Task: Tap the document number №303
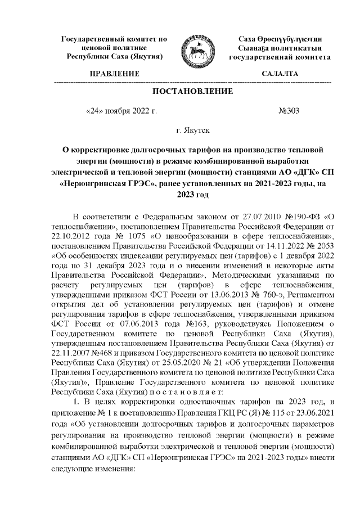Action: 289,111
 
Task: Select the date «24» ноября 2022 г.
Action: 120,111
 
